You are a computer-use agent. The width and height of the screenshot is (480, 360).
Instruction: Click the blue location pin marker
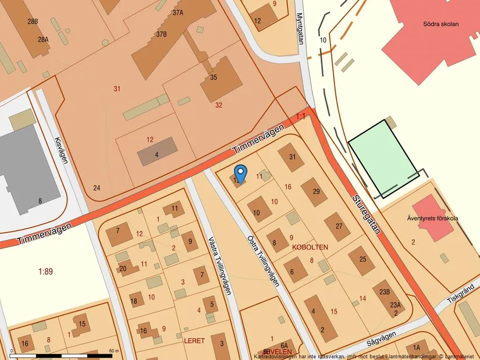click(240, 173)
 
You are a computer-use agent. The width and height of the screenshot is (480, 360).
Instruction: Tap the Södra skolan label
click(441, 24)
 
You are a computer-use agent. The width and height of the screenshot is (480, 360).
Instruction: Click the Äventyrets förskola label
click(432, 219)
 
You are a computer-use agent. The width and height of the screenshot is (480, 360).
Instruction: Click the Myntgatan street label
click(300, 29)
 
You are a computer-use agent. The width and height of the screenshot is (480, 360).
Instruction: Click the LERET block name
click(194, 340)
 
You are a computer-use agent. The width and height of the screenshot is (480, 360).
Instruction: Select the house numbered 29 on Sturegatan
click(315, 192)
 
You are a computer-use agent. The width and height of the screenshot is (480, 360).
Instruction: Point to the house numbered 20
click(123, 268)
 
